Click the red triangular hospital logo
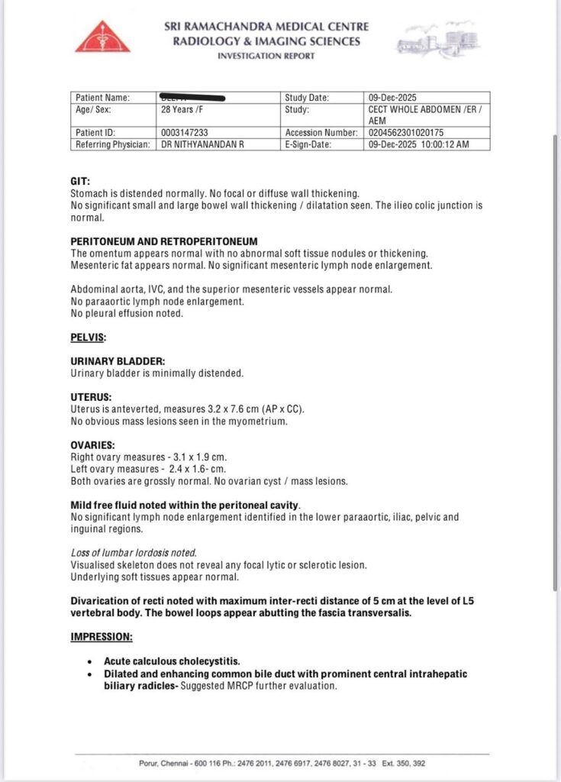click(108, 37)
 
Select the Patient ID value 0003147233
click(187, 132)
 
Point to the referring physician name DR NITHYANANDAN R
click(202, 144)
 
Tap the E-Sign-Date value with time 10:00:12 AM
click(418, 144)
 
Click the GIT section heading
click(78, 182)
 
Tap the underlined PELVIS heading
click(88, 337)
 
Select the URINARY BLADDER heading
click(117, 360)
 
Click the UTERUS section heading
click(90, 397)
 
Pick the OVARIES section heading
click(92, 445)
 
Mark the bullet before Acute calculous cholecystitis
click(90, 661)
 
